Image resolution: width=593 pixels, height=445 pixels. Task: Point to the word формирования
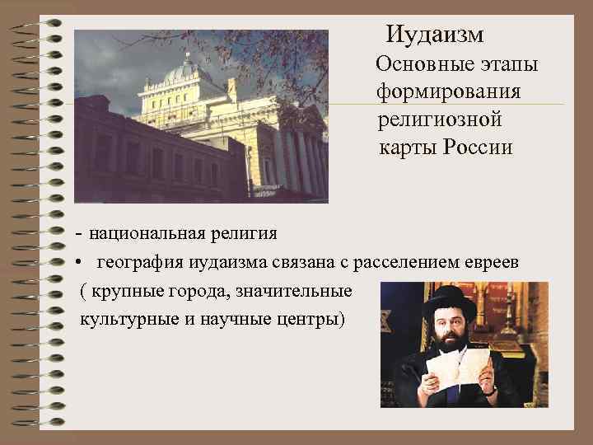tap(448, 91)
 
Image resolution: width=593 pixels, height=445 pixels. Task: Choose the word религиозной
tap(440, 119)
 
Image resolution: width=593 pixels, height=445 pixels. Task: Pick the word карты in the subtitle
tap(408, 148)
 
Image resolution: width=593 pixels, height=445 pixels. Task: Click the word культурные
tap(125, 319)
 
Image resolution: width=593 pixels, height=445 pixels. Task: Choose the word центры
tap(311, 319)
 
